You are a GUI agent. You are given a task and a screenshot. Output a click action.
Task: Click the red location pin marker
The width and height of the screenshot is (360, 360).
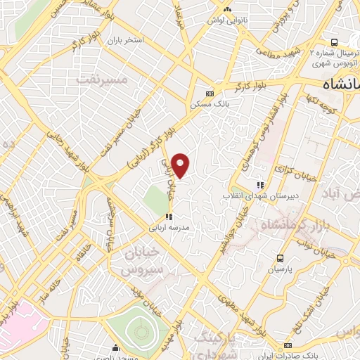181,165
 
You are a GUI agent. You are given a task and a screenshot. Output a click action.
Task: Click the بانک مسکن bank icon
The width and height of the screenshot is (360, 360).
210,94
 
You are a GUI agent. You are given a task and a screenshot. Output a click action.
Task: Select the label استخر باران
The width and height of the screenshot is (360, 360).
124,40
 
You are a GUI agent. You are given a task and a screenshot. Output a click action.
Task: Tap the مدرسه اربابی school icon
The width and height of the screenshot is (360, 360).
168,217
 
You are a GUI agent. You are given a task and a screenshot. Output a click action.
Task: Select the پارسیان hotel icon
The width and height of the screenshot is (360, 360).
281,257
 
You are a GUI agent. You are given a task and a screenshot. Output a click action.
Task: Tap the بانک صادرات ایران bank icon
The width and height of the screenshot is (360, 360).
288,345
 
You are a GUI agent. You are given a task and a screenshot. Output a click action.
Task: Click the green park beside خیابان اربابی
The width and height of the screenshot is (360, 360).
156,201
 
